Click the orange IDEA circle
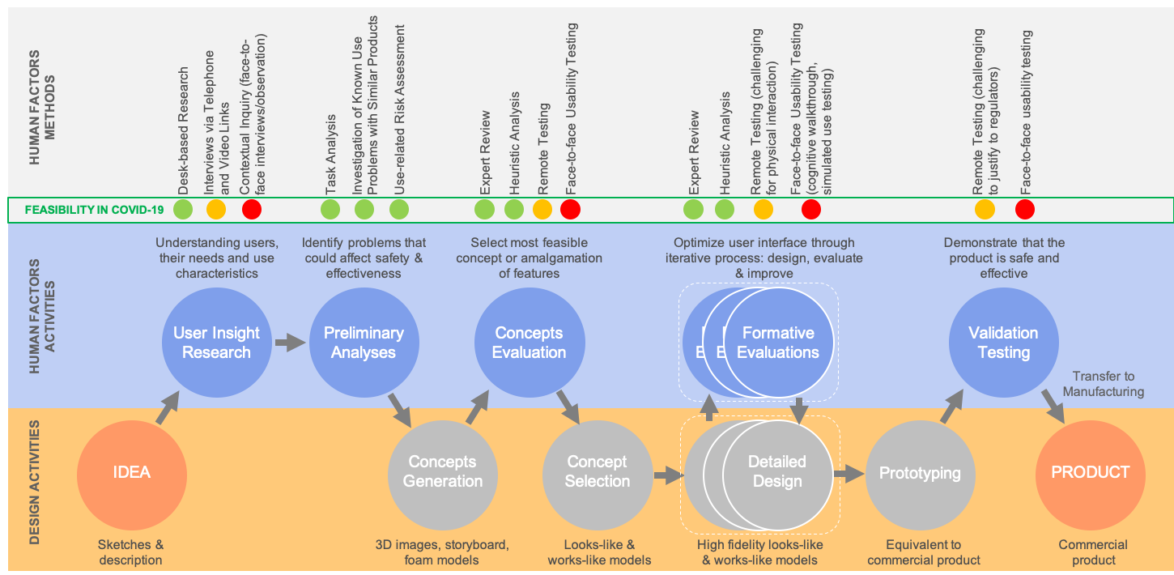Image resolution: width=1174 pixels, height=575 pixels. [x=131, y=472]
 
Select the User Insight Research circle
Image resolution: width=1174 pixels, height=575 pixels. [x=216, y=342]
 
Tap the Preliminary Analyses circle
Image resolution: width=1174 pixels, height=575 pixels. [x=364, y=342]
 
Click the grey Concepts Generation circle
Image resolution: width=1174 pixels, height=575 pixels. [x=442, y=471]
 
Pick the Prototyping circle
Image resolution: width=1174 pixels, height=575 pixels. [x=920, y=473]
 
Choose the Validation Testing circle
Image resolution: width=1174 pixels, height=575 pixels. [x=1003, y=342]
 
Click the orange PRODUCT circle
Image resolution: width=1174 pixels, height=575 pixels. [x=1090, y=472]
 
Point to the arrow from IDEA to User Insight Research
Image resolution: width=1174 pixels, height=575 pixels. [x=167, y=409]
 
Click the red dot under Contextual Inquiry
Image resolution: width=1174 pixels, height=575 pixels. [x=252, y=210]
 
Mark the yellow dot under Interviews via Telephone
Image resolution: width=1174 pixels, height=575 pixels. [x=216, y=210]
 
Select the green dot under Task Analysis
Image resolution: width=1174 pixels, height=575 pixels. [x=330, y=210]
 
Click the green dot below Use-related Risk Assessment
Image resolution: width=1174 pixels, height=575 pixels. [x=399, y=210]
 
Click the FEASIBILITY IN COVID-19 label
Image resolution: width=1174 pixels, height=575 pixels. [x=94, y=210]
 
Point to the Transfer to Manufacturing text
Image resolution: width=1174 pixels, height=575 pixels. [x=1103, y=384]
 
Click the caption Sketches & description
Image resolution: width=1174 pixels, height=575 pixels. [x=130, y=552]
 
